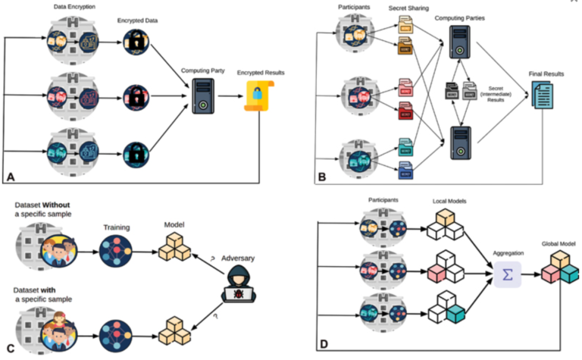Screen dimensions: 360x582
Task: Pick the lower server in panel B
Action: tap(458, 142)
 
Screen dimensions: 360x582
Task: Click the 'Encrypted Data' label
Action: tap(137, 21)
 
